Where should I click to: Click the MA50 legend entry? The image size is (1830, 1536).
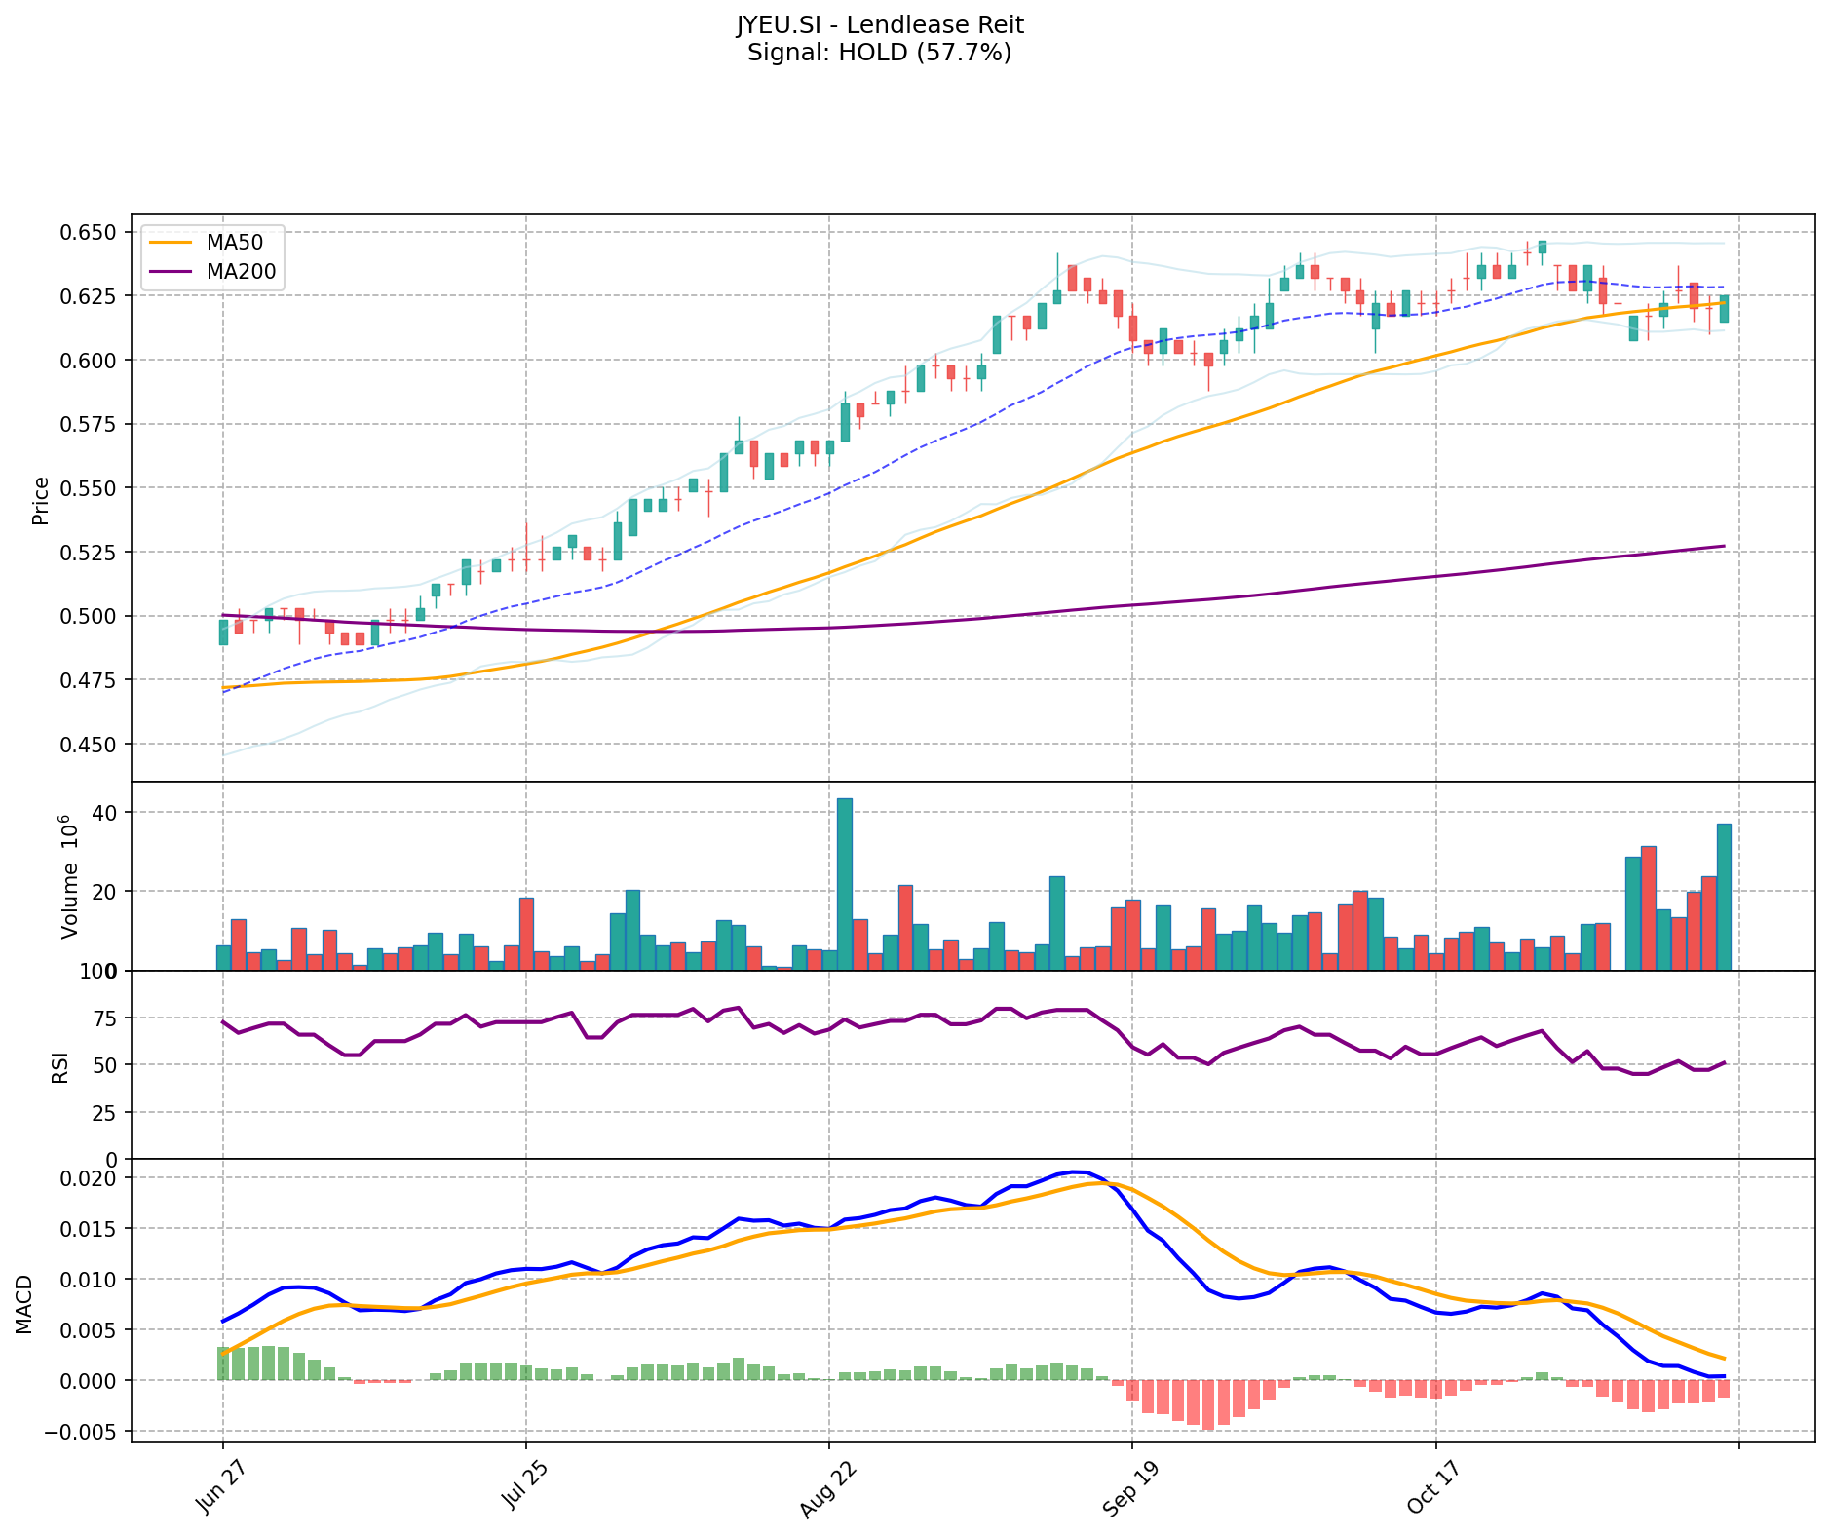coord(234,241)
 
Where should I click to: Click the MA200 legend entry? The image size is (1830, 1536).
coord(241,272)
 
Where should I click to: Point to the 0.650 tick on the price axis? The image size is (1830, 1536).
coord(89,232)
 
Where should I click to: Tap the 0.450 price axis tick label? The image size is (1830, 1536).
coord(89,744)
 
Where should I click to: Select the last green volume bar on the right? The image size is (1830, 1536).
coord(1724,896)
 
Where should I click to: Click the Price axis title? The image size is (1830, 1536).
coord(41,500)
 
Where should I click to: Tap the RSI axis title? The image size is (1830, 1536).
coord(60,1067)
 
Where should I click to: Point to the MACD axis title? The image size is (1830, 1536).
coord(24,1304)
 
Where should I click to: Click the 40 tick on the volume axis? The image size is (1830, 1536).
coord(106,813)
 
